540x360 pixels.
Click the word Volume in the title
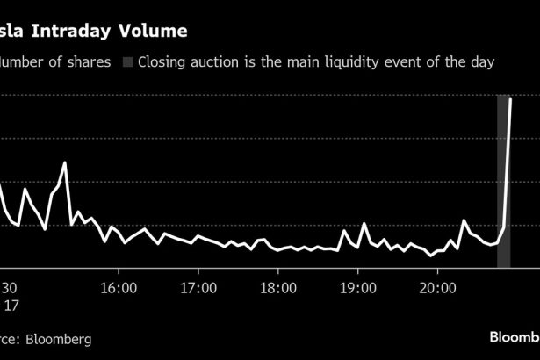(155, 32)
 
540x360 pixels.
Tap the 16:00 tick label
(118, 287)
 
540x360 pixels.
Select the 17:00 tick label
(198, 287)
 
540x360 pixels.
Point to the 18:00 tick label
(277, 287)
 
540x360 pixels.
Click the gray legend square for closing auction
(130, 62)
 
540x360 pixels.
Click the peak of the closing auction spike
(510, 99)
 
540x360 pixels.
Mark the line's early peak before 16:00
(64, 162)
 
